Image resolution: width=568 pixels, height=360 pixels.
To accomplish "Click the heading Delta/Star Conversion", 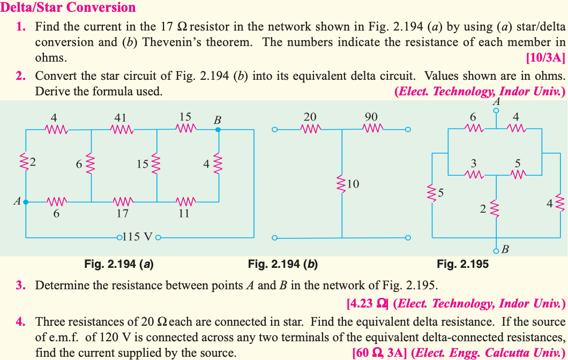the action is (x=68, y=7).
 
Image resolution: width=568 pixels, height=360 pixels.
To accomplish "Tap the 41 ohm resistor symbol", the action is (x=122, y=129).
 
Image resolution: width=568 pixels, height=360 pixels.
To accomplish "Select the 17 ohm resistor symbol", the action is (x=122, y=202).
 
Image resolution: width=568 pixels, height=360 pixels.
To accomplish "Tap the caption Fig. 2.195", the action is (x=462, y=264).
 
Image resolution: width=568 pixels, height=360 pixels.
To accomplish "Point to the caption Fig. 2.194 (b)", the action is (x=283, y=264).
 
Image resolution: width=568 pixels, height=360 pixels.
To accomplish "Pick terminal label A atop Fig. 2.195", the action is (x=496, y=101).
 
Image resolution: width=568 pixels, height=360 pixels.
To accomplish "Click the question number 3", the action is (x=21, y=285).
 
